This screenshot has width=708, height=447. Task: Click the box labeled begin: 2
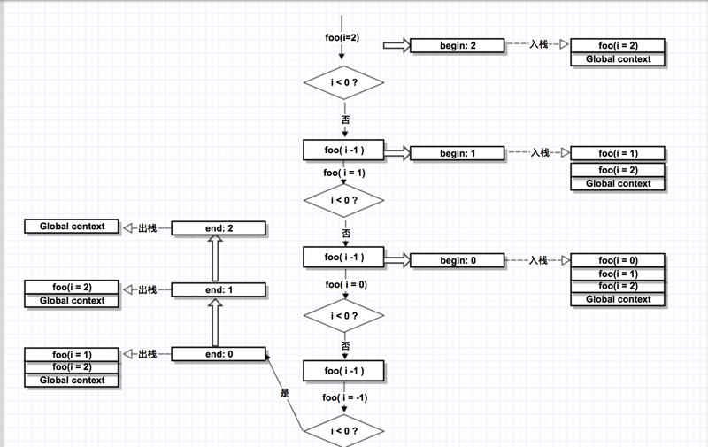pyautogui.click(x=458, y=45)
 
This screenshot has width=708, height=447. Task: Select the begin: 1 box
pyautogui.click(x=458, y=153)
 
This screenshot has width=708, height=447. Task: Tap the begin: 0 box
pyautogui.click(x=458, y=260)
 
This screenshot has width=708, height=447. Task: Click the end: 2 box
pyautogui.click(x=219, y=228)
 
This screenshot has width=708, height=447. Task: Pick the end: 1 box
pyautogui.click(x=219, y=289)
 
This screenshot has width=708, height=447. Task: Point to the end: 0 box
pyautogui.click(x=219, y=354)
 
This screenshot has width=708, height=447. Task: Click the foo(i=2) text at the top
pyautogui.click(x=342, y=37)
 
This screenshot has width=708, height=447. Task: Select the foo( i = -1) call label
pyautogui.click(x=344, y=397)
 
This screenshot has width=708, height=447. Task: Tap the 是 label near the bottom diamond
pyautogui.click(x=285, y=392)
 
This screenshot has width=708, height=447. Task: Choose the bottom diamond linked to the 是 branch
pyautogui.click(x=343, y=431)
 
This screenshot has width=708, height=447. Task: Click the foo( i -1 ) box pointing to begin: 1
pyautogui.click(x=343, y=150)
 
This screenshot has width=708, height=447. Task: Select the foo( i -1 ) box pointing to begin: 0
pyautogui.click(x=343, y=257)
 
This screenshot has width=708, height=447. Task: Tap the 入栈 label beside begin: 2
pyautogui.click(x=539, y=44)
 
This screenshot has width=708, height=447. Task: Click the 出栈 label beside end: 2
pyautogui.click(x=148, y=228)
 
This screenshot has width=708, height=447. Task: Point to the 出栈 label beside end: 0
pyautogui.click(x=148, y=354)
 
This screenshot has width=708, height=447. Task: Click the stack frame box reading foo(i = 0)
pyautogui.click(x=618, y=260)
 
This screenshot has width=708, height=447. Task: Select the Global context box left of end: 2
pyautogui.click(x=73, y=227)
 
